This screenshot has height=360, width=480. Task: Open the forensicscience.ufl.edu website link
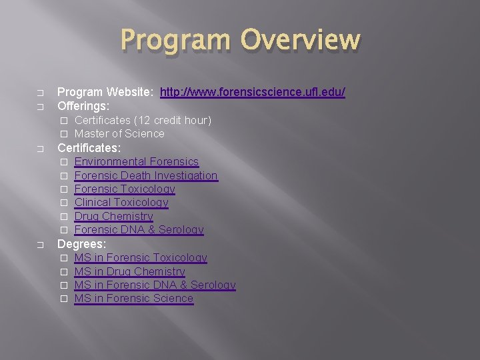point(253,92)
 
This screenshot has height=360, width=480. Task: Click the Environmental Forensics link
point(137,162)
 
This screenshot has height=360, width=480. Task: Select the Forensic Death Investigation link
point(146,175)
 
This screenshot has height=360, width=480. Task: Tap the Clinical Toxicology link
point(121,203)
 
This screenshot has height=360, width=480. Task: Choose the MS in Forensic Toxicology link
point(141,258)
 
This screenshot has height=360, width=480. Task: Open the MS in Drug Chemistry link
point(129,271)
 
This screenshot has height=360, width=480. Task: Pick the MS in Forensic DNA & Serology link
point(155,285)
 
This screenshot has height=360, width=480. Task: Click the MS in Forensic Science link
point(133,299)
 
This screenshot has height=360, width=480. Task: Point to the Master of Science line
point(119,133)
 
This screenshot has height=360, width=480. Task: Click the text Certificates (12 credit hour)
point(143,120)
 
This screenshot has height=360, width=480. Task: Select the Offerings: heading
point(83,106)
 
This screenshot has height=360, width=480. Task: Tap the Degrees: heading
point(81,244)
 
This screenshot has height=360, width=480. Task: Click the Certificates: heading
point(89,148)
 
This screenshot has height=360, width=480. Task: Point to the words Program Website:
point(105,92)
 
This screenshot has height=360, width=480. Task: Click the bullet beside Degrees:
point(41,245)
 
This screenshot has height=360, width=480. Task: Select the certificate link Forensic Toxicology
point(125,189)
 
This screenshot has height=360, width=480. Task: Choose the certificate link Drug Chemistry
point(113,216)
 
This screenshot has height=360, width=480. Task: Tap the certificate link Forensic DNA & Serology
point(139,230)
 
